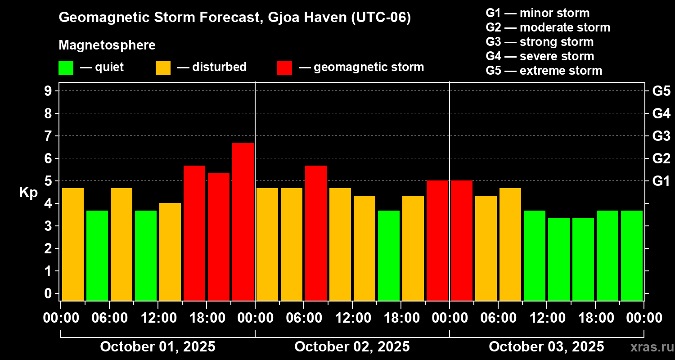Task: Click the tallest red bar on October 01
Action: click(243, 221)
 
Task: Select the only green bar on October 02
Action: click(389, 255)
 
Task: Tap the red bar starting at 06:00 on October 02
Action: click(316, 233)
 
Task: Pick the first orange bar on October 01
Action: click(73, 244)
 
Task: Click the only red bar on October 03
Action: click(462, 240)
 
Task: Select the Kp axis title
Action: click(28, 192)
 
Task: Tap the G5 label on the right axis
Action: click(661, 91)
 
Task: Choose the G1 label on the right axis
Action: click(661, 181)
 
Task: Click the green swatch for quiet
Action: click(66, 68)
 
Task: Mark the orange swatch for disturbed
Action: click(163, 68)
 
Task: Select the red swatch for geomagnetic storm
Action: click(284, 68)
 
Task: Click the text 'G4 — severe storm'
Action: click(540, 56)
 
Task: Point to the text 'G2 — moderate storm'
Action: click(548, 27)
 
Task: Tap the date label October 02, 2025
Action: click(352, 346)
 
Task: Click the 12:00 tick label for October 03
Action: click(547, 318)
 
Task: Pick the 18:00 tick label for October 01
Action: click(207, 318)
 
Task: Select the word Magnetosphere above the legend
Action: click(107, 45)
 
